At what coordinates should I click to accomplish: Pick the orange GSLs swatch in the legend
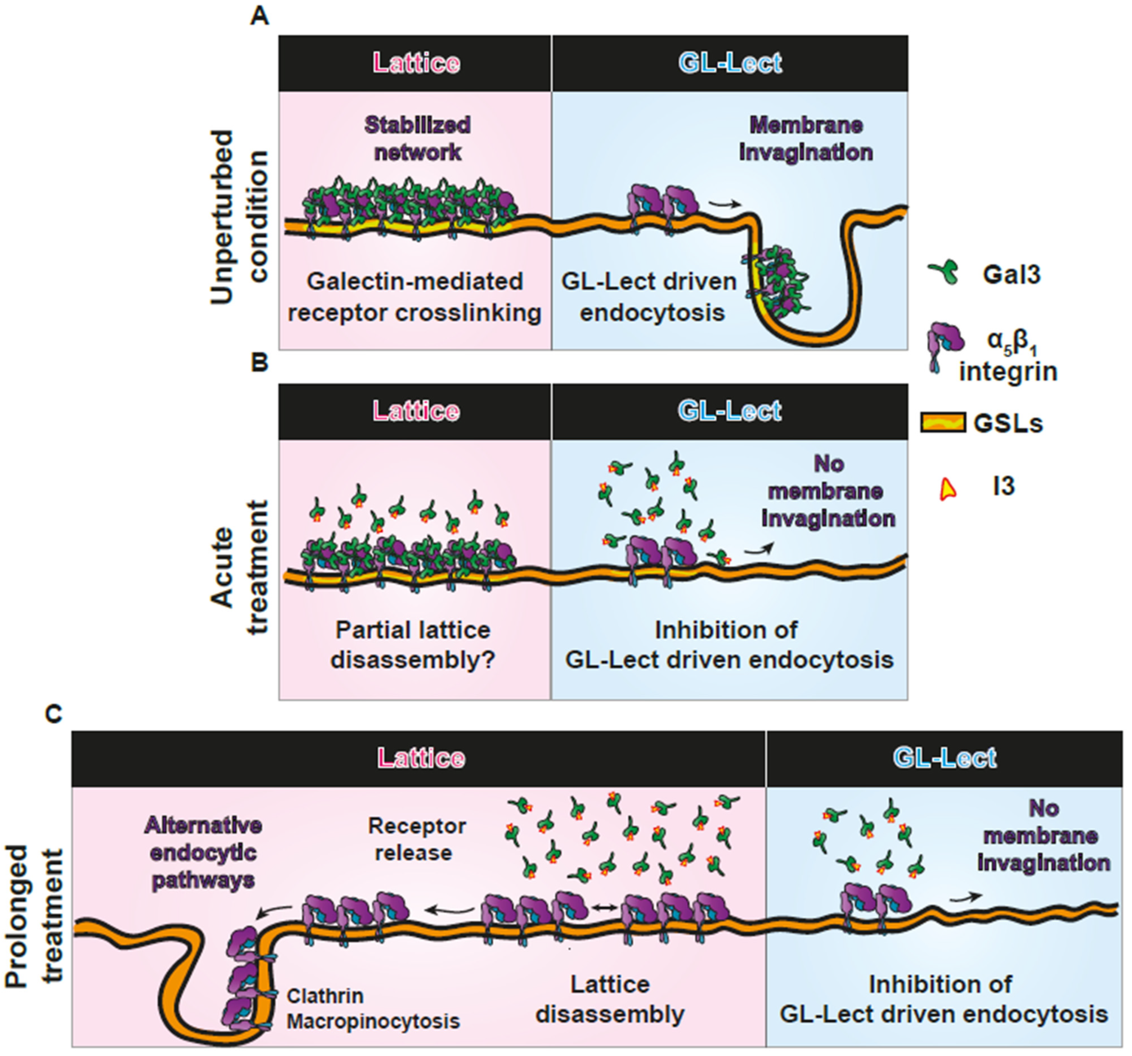(942, 423)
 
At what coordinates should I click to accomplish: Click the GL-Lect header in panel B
(730, 411)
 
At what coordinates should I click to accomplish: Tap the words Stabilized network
(417, 138)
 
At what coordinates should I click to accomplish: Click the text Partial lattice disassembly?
(413, 645)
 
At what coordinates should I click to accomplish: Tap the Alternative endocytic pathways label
(203, 852)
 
